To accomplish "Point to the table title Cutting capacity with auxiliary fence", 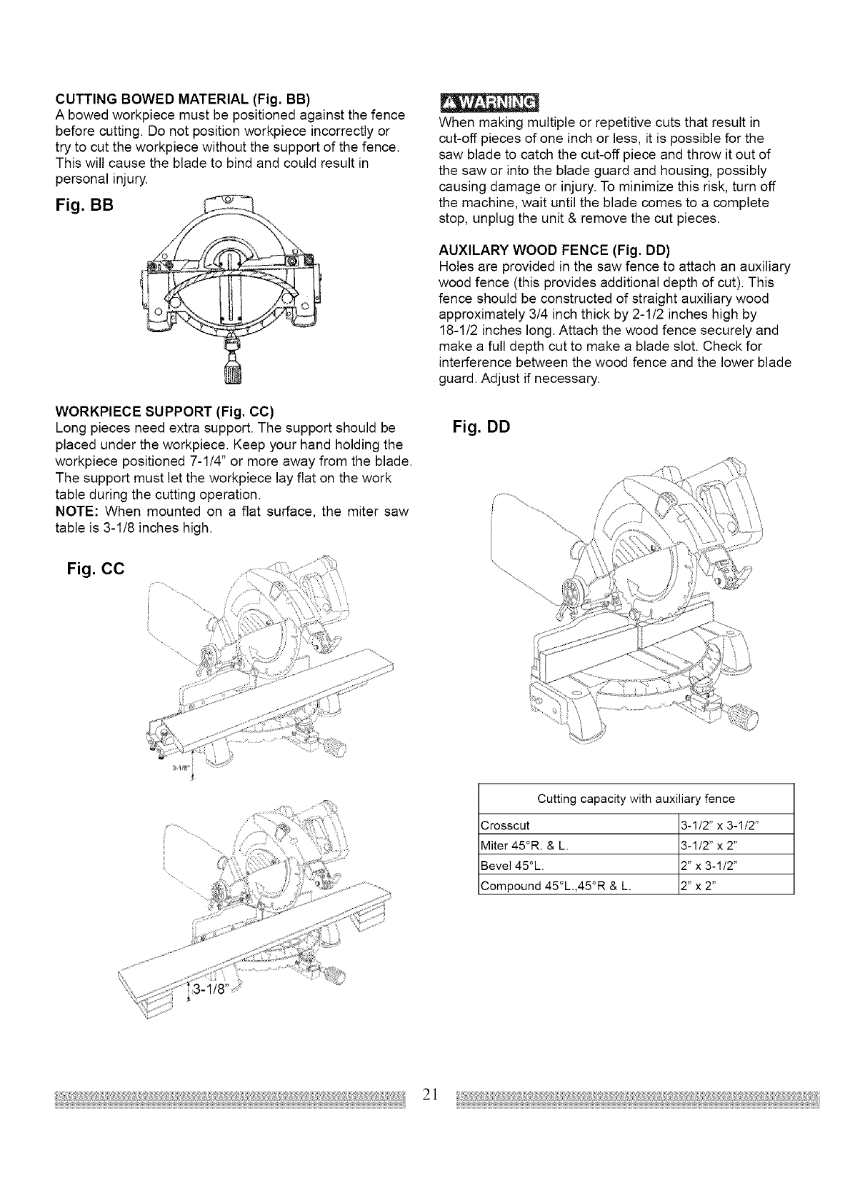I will click(636, 798).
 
